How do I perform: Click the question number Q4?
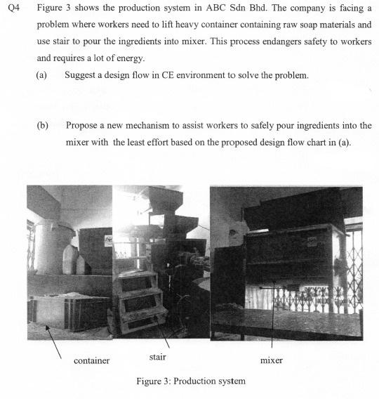11,8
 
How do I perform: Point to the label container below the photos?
91,360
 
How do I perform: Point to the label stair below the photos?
158,357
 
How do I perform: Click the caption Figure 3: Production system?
191,381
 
